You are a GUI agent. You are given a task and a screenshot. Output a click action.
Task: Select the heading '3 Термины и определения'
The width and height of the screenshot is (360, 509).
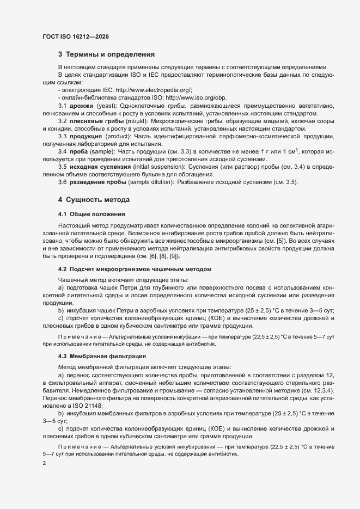(107, 54)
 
